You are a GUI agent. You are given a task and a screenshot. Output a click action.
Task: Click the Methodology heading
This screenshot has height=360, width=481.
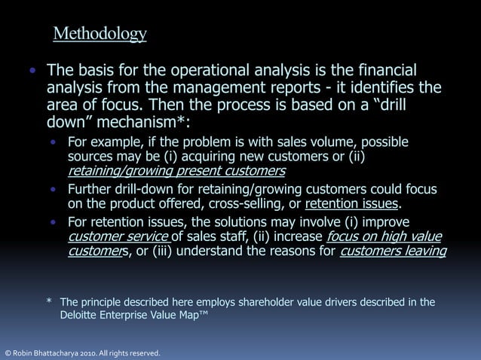[x=100, y=34]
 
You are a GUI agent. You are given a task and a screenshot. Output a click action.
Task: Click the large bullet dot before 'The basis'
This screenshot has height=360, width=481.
[x=32, y=72]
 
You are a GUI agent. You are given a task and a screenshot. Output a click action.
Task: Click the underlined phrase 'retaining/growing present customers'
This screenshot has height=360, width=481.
[x=176, y=171]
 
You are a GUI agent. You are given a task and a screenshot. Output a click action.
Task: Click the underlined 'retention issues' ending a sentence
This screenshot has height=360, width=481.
[x=351, y=203]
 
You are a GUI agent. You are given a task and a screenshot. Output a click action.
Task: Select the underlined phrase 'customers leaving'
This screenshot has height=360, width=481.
[x=393, y=252]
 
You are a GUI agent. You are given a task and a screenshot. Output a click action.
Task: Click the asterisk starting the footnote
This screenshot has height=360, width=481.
[x=49, y=303]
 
